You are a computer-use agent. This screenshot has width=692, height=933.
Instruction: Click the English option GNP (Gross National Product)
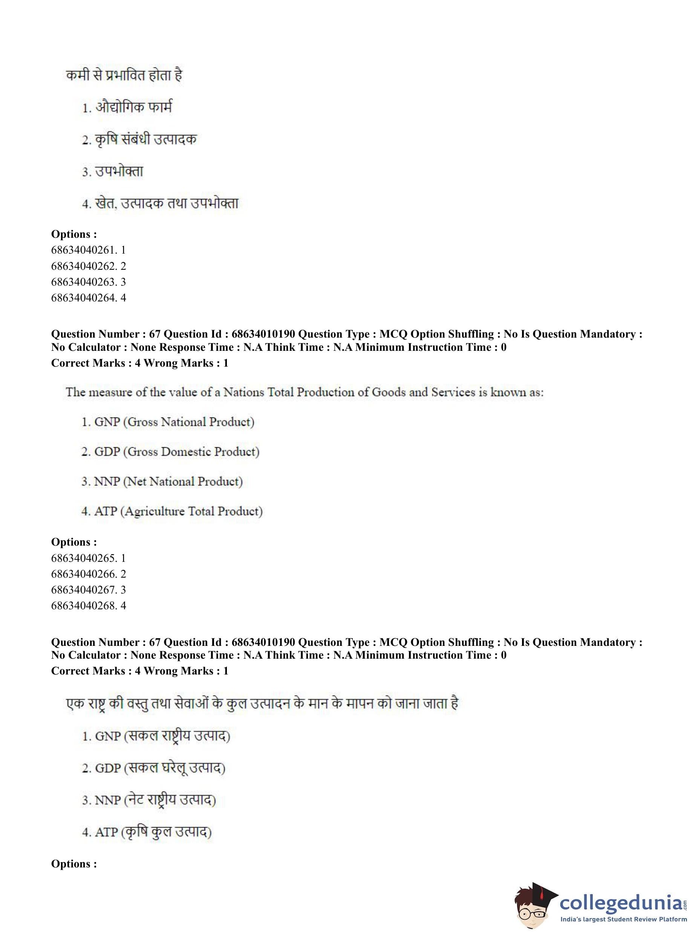click(168, 422)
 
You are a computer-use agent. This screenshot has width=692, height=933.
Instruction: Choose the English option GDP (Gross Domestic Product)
click(170, 451)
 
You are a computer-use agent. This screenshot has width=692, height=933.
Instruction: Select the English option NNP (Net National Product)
click(162, 481)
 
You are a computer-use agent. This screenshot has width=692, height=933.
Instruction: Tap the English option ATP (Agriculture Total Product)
click(172, 511)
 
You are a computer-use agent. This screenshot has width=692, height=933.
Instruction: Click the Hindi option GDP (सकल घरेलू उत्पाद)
click(154, 768)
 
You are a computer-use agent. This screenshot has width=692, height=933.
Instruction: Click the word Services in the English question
click(454, 392)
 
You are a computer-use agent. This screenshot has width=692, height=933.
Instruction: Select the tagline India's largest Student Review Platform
click(623, 919)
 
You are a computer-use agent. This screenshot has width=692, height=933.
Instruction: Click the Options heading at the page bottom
click(74, 864)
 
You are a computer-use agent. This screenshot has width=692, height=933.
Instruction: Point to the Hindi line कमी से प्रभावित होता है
click(124, 75)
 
